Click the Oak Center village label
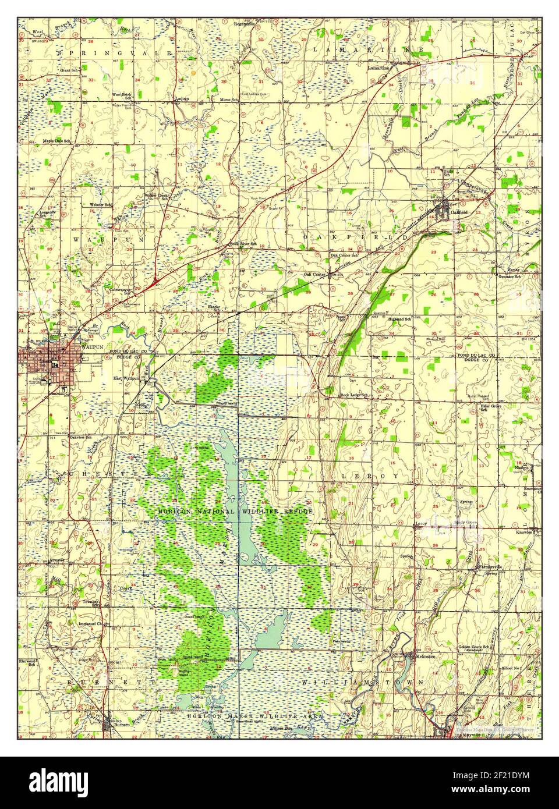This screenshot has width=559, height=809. [x=313, y=274]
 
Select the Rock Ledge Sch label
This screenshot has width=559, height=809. [x=354, y=396]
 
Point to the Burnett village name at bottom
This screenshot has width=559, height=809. [x=121, y=725]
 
